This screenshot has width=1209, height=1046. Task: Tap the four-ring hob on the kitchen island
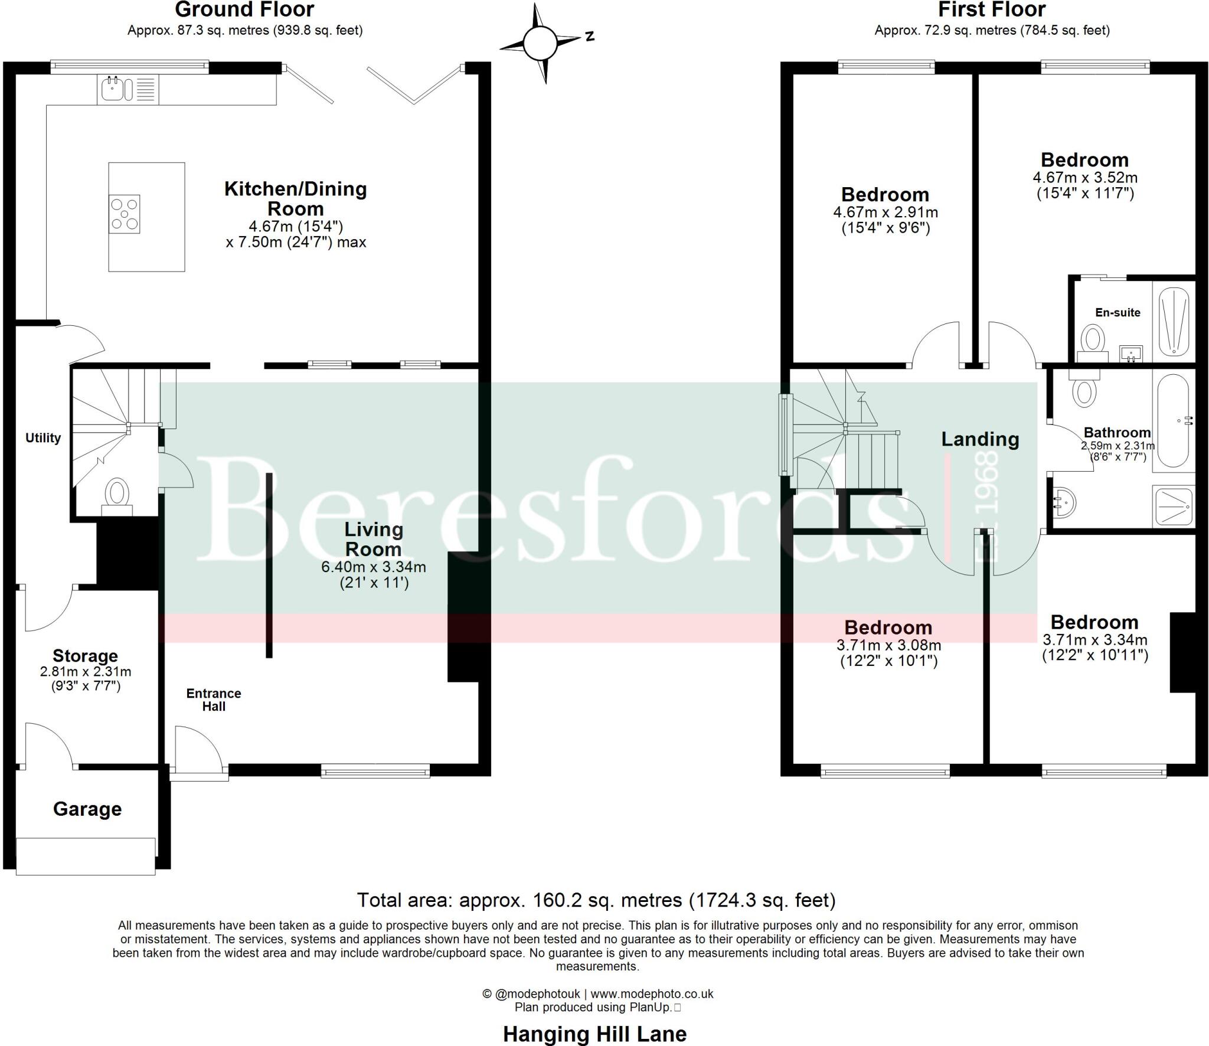coord(125,214)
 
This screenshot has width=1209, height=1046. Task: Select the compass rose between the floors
coord(540,43)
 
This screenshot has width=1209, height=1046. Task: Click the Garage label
coord(87,809)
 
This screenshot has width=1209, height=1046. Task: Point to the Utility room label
coord(43,438)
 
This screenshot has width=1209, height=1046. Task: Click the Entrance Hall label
coord(214,700)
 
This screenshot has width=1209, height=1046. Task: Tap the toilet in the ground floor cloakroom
coord(117,493)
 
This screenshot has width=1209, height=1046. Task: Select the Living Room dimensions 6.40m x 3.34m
coord(373,567)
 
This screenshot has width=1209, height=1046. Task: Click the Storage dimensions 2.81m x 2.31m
coord(86,672)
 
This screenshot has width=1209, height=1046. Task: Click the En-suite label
coord(1117,313)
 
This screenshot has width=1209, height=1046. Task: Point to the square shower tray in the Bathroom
coord(1174,506)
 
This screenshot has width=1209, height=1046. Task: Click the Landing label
coord(980,439)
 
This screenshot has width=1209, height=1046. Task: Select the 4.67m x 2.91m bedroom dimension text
coord(885,213)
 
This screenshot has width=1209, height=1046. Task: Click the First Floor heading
coord(992,10)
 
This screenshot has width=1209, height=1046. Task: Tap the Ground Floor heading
coord(244,10)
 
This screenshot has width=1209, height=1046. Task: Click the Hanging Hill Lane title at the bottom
coord(594,1034)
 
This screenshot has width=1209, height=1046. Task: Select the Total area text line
coord(596,900)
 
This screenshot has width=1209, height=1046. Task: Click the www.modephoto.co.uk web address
coord(652,994)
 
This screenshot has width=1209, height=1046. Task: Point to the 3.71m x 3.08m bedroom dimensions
coord(888,646)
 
